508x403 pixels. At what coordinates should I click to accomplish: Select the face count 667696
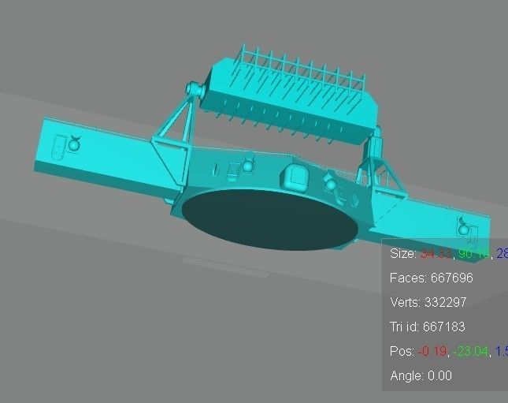tap(450, 278)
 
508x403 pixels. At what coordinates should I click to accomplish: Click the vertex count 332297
tap(448, 303)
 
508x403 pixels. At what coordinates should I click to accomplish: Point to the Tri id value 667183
tap(447, 327)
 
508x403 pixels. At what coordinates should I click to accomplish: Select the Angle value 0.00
tap(440, 376)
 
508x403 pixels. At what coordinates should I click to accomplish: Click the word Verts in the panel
tap(405, 303)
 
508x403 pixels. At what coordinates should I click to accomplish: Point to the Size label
tap(402, 254)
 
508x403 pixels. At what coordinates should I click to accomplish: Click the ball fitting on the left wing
tap(75, 143)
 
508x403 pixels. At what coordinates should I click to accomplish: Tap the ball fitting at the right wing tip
tap(464, 229)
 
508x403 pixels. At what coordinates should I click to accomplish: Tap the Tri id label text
tap(406, 327)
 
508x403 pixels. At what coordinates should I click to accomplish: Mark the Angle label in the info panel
tap(406, 376)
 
